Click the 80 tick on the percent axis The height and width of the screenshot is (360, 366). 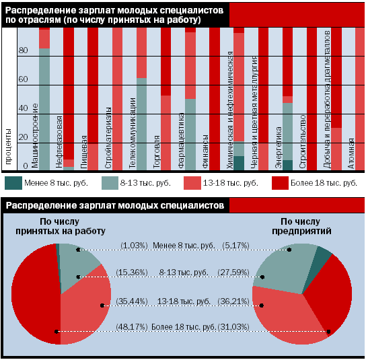(x=23, y=50)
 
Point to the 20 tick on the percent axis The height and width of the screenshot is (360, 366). (x=23, y=137)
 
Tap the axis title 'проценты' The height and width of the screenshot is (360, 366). (x=8, y=147)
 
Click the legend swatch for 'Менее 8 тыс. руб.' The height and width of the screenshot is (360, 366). (x=13, y=183)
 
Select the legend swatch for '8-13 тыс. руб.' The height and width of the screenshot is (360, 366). (x=110, y=183)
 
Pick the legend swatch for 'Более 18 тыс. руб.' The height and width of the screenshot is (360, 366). (x=280, y=183)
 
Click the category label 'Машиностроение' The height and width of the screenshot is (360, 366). (x=35, y=136)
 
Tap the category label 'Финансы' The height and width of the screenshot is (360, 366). (x=205, y=151)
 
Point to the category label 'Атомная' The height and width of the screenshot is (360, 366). (x=351, y=153)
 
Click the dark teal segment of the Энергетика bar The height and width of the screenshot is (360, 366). (x=287, y=165)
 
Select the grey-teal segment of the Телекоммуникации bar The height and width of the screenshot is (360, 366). (x=142, y=124)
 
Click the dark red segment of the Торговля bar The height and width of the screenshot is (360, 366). (x=166, y=62)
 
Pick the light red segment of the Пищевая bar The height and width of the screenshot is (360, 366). (x=93, y=157)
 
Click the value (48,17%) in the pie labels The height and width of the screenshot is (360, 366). (x=132, y=327)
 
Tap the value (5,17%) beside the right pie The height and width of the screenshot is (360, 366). (x=235, y=246)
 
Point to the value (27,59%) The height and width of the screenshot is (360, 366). (x=233, y=273)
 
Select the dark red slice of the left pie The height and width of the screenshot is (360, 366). (x=35, y=294)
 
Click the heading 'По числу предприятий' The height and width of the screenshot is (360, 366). (x=301, y=226)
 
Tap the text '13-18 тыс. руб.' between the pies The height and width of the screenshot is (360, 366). (x=184, y=301)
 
